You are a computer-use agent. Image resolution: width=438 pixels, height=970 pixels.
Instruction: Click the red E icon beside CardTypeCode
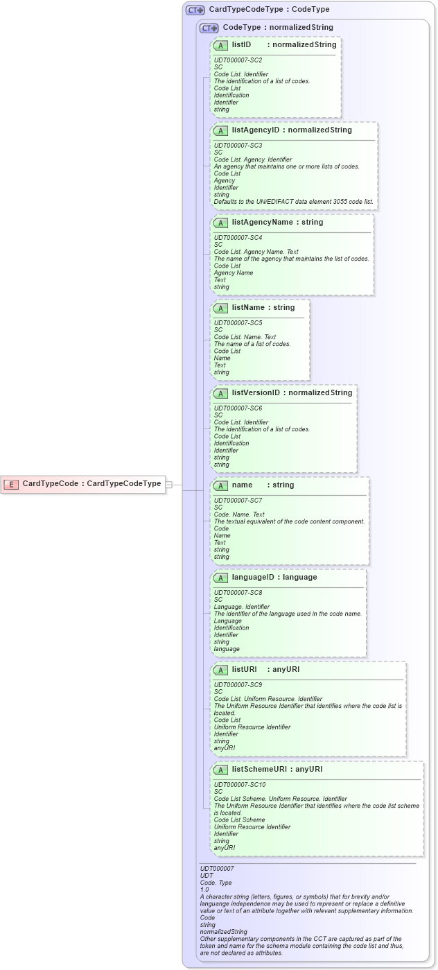11,484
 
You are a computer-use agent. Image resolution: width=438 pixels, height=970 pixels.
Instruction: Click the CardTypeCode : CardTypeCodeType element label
91,484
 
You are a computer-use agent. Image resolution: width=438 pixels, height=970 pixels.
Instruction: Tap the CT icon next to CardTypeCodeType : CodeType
195,10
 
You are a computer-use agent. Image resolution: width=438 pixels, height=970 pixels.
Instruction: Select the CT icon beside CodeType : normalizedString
209,28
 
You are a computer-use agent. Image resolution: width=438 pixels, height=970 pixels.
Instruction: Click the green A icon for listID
221,46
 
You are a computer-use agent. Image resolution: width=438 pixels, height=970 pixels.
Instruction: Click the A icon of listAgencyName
221,223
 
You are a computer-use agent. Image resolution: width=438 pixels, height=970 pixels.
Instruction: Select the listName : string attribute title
263,308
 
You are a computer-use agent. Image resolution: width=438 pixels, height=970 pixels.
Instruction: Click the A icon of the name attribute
221,486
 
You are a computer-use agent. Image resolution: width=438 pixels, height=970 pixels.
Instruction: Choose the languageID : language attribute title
274,578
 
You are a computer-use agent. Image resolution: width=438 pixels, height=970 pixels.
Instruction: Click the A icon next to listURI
221,670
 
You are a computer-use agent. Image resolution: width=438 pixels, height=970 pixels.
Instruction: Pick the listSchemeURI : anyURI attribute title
277,770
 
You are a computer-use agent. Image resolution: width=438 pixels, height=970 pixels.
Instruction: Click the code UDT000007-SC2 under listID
238,60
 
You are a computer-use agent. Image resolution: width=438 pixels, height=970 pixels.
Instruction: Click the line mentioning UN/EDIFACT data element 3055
293,202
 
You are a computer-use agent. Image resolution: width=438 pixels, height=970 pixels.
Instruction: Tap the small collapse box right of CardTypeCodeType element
168,485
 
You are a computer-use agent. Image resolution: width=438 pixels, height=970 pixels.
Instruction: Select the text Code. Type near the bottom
216,883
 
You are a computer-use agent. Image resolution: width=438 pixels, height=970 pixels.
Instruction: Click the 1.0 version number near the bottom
204,890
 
